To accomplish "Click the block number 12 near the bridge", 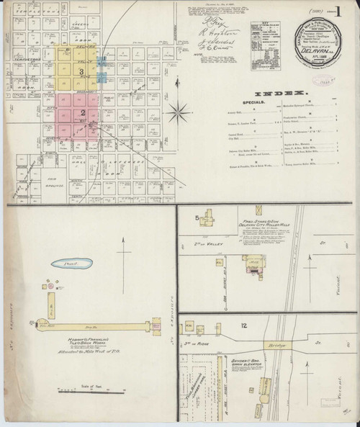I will pyautogui.click(x=246, y=326).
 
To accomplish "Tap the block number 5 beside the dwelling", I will pyautogui.click(x=196, y=216).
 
